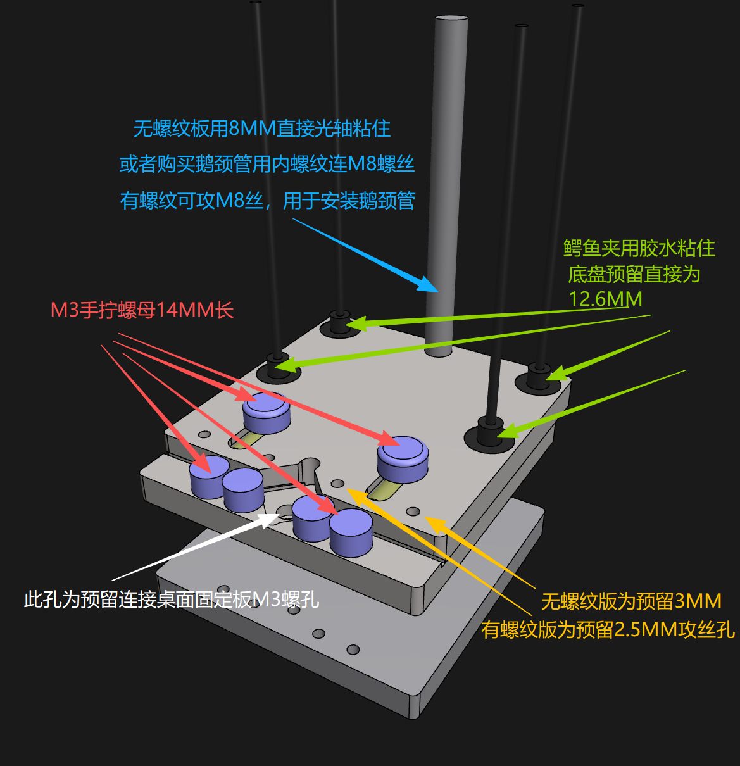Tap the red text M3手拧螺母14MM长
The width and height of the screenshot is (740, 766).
click(142, 310)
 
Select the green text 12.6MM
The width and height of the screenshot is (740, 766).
click(605, 299)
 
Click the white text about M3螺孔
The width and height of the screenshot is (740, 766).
click(172, 599)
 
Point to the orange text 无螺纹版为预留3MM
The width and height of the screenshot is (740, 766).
click(631, 601)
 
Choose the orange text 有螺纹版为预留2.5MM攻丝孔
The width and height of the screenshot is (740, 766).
click(608, 630)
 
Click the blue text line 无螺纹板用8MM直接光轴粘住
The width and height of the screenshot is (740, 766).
click(262, 129)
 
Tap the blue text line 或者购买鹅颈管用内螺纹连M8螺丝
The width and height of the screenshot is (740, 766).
click(267, 165)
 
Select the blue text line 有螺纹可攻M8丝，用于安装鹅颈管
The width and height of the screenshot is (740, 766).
click(268, 201)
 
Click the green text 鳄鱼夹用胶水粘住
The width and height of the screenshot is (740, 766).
click(639, 248)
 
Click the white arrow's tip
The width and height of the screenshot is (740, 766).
click(277, 515)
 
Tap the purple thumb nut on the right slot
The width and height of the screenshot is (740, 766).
click(403, 458)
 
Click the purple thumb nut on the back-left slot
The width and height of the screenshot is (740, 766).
click(267, 412)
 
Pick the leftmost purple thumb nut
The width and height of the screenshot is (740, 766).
click(209, 476)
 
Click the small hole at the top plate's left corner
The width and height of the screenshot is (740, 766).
click(204, 435)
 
